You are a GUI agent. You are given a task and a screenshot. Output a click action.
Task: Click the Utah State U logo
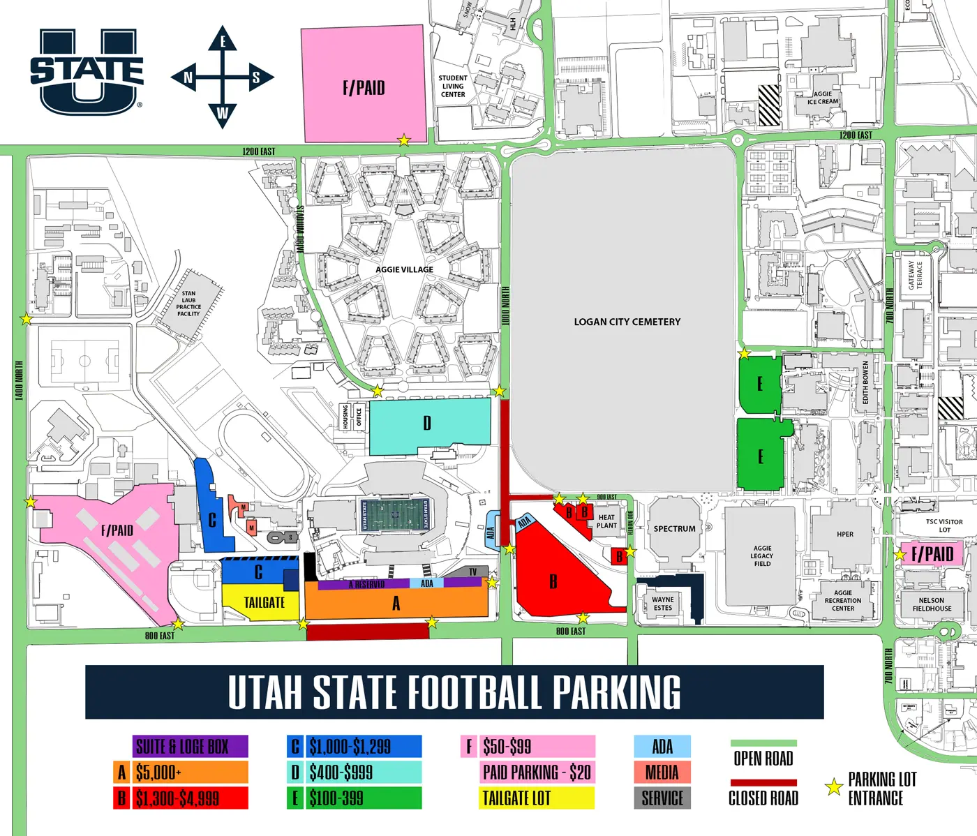tap(87, 70)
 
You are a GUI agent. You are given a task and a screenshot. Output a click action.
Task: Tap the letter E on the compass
tap(223, 41)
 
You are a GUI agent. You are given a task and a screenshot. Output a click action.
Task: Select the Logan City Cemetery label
tap(627, 322)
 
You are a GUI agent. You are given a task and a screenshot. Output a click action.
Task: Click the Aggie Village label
tap(404, 269)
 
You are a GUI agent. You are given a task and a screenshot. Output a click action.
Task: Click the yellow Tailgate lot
tap(263, 602)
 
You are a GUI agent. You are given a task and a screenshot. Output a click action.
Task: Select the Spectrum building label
tap(674, 529)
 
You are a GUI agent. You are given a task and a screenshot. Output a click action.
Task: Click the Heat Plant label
tap(606, 521)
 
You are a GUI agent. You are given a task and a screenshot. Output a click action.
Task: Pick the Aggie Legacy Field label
tap(762, 555)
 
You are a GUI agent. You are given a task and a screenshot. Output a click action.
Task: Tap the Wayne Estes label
tap(663, 604)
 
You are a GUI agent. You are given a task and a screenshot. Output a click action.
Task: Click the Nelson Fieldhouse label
tap(932, 604)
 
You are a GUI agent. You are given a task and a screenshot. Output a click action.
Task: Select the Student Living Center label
tap(453, 87)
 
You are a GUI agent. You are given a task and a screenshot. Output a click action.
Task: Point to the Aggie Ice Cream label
tap(823, 98)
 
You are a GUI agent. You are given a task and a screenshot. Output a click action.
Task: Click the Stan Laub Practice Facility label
tap(188, 304)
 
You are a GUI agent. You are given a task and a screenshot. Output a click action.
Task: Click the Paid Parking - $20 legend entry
tap(537, 772)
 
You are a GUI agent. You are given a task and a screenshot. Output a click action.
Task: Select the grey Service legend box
tap(662, 798)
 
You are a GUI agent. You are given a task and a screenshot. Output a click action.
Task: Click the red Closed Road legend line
tap(763, 783)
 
